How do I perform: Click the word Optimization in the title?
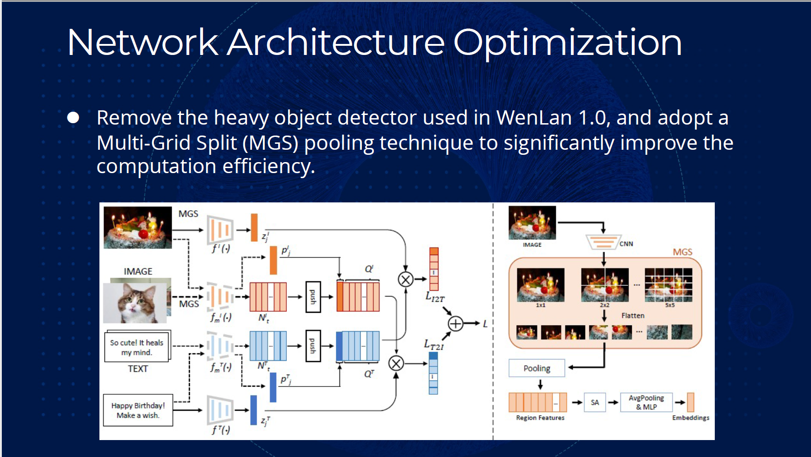567,43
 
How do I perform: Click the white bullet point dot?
73,118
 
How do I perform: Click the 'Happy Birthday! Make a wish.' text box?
138,410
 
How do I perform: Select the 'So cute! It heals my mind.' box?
137,347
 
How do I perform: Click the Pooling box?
537,368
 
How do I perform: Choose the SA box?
595,403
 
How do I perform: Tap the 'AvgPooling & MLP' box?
646,403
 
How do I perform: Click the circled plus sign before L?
455,324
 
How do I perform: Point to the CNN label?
626,244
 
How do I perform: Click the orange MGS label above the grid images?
682,252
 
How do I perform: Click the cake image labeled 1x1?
541,285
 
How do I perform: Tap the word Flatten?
633,316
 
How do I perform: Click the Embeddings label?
690,418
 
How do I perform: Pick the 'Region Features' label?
540,418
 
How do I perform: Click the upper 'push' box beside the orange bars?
313,297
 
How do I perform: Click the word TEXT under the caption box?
137,369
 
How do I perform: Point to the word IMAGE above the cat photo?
138,272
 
